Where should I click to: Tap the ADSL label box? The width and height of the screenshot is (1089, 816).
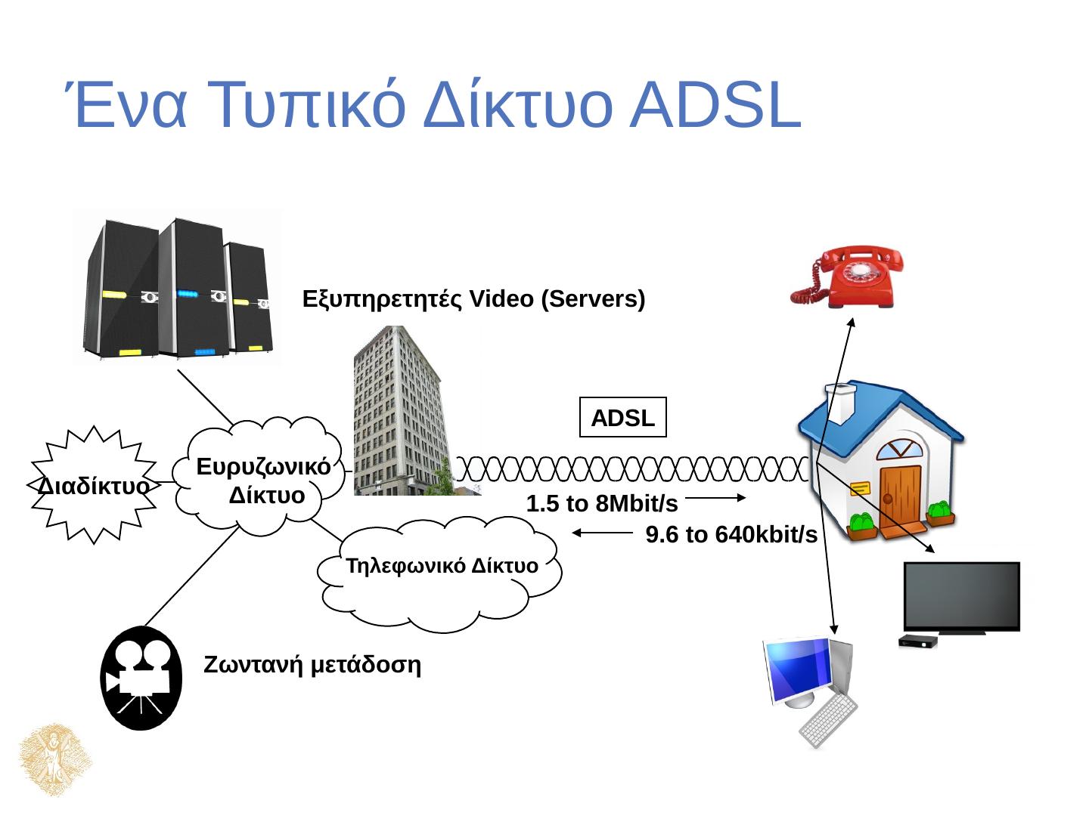coord(622,418)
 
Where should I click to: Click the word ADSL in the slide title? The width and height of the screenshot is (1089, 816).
coord(715,106)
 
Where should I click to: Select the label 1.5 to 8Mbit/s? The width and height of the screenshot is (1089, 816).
coord(601,504)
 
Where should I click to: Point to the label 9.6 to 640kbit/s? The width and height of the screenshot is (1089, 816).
coord(731,535)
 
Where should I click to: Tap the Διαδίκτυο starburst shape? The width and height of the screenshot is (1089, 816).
coord(93,485)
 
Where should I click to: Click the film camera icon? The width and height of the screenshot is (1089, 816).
coord(141,678)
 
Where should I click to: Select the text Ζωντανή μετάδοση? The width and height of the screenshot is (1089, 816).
coord(312,665)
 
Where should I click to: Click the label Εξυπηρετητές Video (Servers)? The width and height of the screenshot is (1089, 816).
coord(473,299)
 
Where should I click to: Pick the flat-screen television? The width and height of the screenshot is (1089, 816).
coord(961,597)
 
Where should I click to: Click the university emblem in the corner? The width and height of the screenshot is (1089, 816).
coord(54,759)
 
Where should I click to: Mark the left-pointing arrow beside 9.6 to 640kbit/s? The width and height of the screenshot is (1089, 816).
coord(602,533)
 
